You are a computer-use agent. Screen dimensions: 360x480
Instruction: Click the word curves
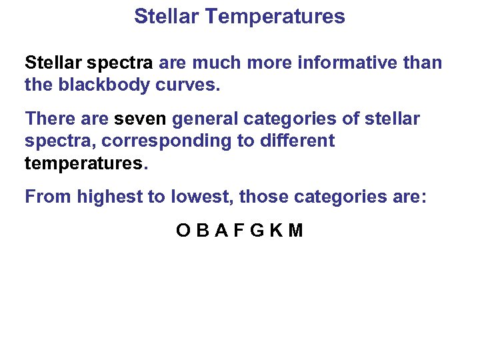188,85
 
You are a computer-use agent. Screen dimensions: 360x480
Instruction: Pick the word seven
141,119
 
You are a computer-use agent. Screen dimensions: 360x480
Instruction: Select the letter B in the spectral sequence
203,231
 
